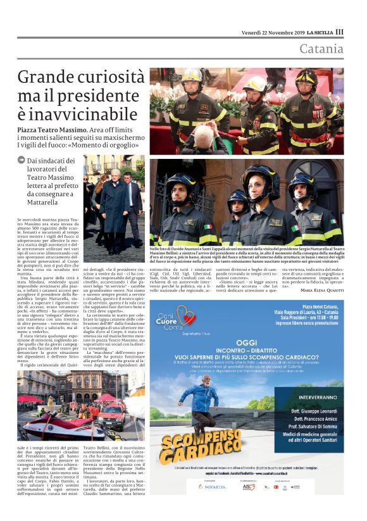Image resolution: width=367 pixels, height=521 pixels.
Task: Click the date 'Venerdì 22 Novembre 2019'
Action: pyautogui.click(x=277, y=32)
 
